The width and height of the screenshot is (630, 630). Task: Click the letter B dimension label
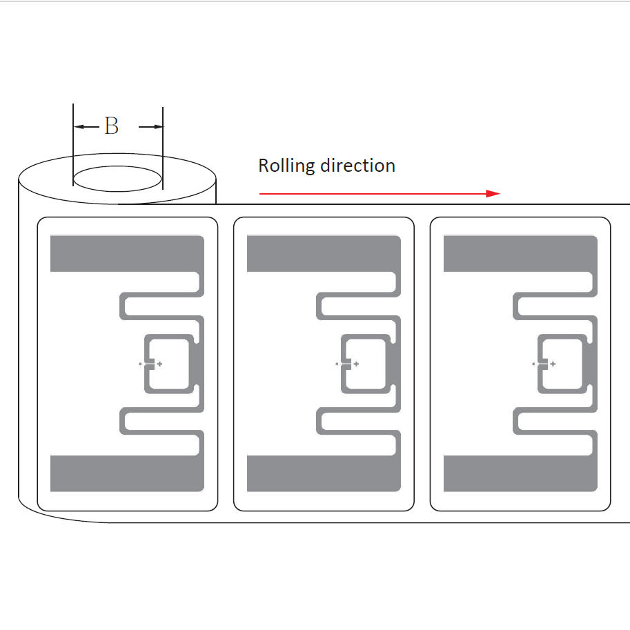pyautogui.click(x=111, y=126)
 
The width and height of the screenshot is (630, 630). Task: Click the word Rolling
pyautogui.click(x=286, y=166)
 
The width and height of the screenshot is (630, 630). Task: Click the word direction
pyautogui.click(x=357, y=166)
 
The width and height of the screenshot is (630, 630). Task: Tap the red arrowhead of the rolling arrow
pyautogui.click(x=493, y=194)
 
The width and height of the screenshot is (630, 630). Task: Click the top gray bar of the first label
pyautogui.click(x=127, y=253)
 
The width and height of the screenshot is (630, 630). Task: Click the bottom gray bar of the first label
pyautogui.click(x=127, y=473)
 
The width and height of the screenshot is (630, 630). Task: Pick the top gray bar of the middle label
pyautogui.click(x=324, y=253)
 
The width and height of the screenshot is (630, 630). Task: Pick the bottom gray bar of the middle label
pyautogui.click(x=324, y=473)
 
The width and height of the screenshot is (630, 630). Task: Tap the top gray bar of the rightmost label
pyautogui.click(x=520, y=253)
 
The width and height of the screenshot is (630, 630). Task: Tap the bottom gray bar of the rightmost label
pyautogui.click(x=520, y=473)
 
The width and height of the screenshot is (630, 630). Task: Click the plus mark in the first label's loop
pyautogui.click(x=159, y=364)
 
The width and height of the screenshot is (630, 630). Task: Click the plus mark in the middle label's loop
pyautogui.click(x=356, y=364)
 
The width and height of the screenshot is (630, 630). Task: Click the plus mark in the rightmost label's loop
pyautogui.click(x=553, y=364)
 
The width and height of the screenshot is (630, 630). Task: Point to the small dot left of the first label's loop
pyautogui.click(x=140, y=364)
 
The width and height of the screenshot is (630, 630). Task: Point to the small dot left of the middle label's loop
pyautogui.click(x=337, y=364)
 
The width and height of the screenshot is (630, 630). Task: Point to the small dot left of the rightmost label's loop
pyautogui.click(x=533, y=364)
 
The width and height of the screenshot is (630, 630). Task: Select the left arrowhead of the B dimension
pyautogui.click(x=79, y=127)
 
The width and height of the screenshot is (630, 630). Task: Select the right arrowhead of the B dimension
pyautogui.click(x=157, y=127)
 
